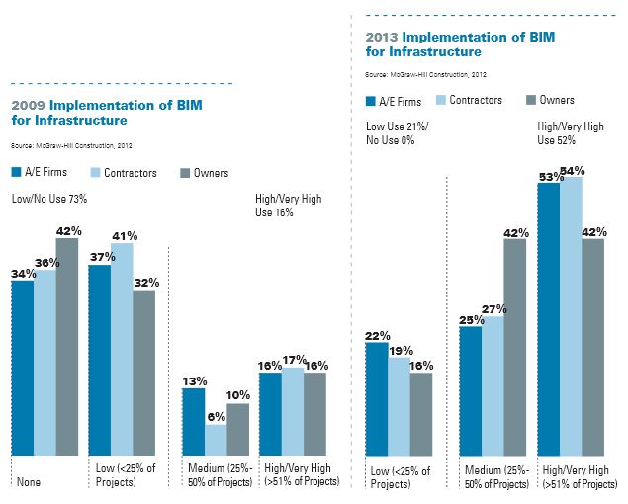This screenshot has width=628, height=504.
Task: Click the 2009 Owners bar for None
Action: coord(67,346)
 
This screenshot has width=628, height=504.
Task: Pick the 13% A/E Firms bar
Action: coord(193,421)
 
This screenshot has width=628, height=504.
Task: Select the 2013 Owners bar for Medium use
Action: coord(515,346)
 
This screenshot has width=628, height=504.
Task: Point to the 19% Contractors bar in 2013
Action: coord(399,405)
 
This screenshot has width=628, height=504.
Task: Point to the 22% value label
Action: coord(378,335)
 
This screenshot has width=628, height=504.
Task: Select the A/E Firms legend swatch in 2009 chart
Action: coord(17,173)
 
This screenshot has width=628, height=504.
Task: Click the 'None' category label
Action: coord(27,482)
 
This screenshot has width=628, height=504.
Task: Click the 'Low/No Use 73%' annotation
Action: coord(48,199)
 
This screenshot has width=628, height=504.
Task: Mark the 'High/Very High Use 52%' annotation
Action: coord(572,133)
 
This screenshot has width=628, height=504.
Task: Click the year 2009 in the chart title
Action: coord(27,105)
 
